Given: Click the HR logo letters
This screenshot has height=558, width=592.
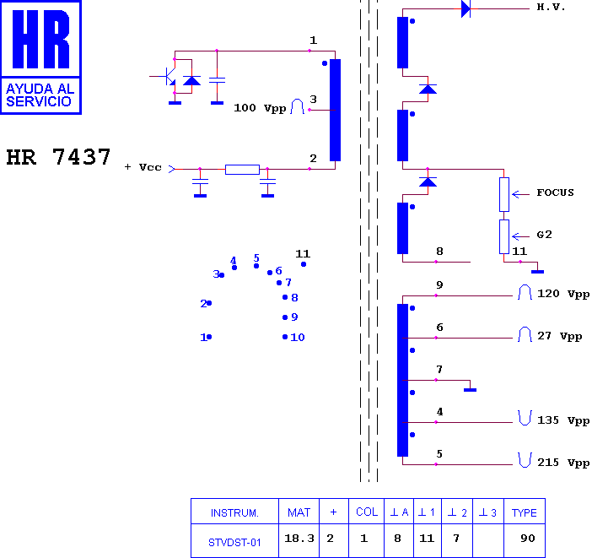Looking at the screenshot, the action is [x=40, y=39].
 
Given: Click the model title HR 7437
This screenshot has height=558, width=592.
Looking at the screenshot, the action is [x=58, y=157].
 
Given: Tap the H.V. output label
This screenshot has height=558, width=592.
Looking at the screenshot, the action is [x=551, y=8].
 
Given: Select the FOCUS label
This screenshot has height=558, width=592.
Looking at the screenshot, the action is [x=555, y=192].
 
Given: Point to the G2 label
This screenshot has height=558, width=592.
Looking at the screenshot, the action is [x=544, y=235].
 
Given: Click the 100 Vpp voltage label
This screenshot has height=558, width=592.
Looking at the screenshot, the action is [x=260, y=108].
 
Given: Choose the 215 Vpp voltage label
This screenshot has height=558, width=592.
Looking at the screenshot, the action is [x=563, y=463].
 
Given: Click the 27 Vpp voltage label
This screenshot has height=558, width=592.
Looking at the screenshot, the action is [x=559, y=336].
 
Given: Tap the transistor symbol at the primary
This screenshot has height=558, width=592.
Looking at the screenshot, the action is [x=170, y=77].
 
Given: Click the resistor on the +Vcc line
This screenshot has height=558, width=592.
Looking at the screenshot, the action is [x=242, y=170].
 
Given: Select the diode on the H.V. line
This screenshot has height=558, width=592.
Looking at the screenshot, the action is [x=466, y=8].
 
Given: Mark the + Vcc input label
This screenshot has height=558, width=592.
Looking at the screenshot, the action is [x=143, y=167].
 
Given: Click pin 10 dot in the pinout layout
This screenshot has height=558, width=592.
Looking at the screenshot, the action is [x=285, y=337].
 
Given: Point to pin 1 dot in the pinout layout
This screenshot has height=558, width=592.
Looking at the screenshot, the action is [x=209, y=337].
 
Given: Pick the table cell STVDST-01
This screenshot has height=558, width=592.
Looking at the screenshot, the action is [x=234, y=543].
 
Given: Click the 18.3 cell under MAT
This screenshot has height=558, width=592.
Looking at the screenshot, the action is [x=299, y=539].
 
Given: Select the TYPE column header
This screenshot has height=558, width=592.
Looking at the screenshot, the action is [x=524, y=513].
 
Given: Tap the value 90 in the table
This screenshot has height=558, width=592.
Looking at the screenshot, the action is [x=527, y=539].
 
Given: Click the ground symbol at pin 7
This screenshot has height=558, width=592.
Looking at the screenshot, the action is [x=470, y=390].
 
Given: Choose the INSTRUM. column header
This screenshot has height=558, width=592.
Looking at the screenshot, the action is [x=234, y=513].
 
